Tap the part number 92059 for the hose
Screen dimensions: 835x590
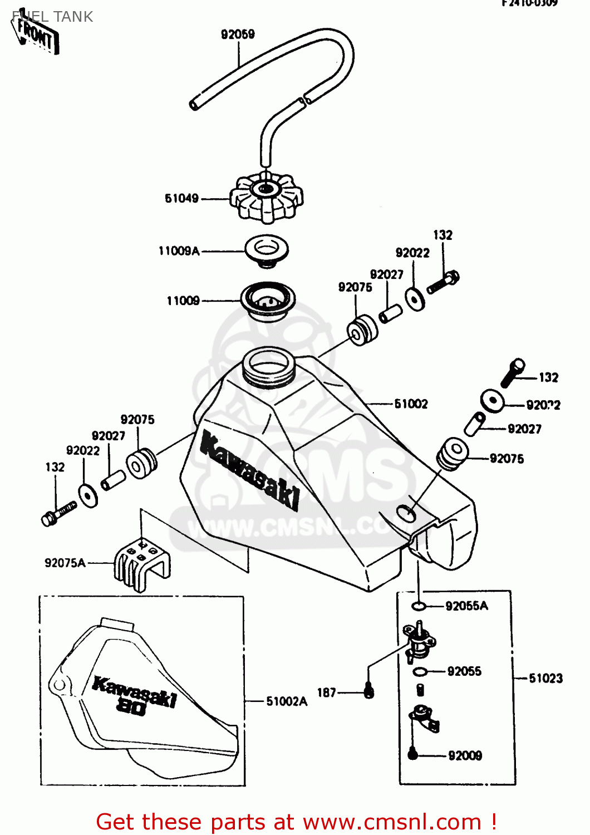tap(238, 35)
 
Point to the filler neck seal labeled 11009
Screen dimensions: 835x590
tap(268, 301)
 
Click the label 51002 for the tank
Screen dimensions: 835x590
tap(411, 404)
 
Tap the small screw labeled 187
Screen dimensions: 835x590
tap(368, 691)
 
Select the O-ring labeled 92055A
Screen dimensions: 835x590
tap(419, 606)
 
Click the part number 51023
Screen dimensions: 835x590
tap(545, 678)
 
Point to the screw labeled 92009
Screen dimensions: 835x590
tap(412, 754)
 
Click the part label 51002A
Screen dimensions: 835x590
tap(286, 701)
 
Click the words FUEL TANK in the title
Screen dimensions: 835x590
tap(53, 17)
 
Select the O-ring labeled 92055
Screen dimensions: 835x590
tap(420, 672)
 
